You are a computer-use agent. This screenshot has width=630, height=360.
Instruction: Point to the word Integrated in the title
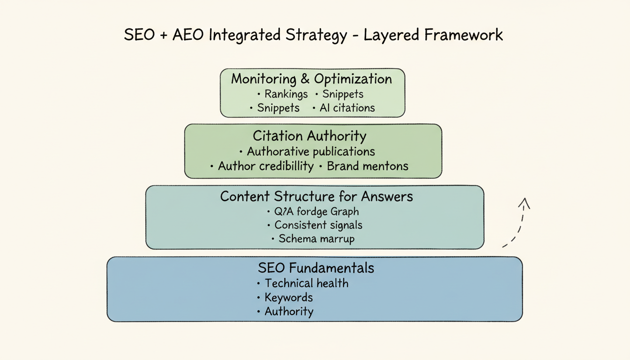point(247,36)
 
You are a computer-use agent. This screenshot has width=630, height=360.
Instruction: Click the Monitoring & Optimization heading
point(312,79)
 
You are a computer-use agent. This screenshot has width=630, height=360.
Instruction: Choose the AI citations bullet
point(347,108)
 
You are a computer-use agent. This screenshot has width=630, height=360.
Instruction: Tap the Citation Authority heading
point(309,136)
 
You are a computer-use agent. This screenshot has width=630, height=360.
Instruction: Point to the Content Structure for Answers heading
point(316,196)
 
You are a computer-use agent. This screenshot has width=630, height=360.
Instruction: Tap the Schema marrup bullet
point(316,239)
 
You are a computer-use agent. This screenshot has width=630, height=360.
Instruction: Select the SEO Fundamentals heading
point(316,268)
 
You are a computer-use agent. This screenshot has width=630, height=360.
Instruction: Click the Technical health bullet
point(306,283)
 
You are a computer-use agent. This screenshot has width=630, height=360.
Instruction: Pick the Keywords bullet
point(288,297)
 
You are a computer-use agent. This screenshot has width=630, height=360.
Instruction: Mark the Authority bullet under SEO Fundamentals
point(289,311)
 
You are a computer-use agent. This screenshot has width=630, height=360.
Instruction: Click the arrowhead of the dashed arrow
point(524,203)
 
